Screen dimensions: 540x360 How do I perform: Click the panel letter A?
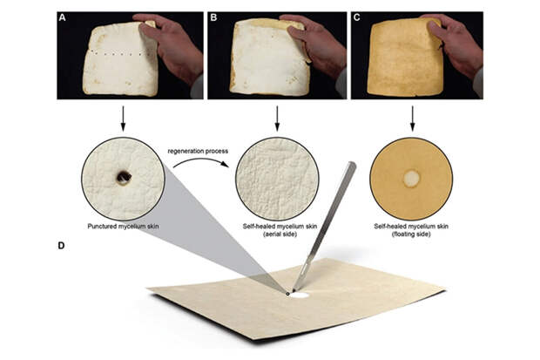coord(62,17)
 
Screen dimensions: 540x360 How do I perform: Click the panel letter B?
coord(213,17)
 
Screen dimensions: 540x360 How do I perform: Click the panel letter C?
coord(357,17)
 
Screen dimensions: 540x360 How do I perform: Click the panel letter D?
coord(61,246)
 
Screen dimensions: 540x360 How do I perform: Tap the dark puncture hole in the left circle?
coord(124,177)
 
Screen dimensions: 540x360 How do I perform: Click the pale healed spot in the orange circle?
coord(412,179)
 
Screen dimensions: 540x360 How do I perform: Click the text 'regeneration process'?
coord(198,151)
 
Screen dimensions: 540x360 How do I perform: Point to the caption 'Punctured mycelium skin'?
coord(123,227)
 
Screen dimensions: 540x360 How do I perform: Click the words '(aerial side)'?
coord(280,234)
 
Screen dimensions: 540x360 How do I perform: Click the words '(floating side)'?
coord(411,234)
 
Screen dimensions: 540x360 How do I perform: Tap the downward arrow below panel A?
coord(123,119)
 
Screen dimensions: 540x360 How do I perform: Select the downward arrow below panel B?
coord(277,119)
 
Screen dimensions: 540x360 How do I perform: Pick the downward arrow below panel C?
coord(412,119)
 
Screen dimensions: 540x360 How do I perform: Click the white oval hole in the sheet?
coord(299,295)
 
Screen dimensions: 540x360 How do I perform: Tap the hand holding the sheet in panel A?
coord(171,44)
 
